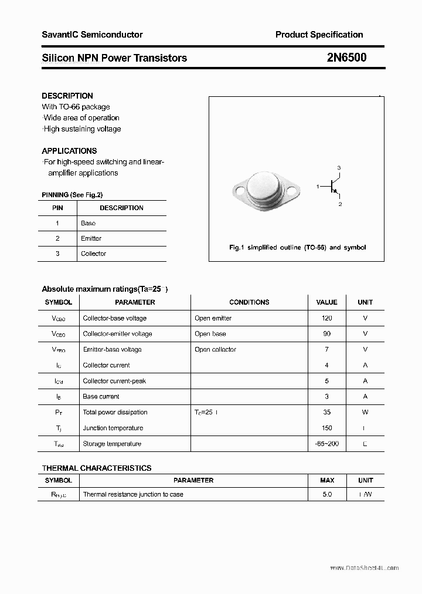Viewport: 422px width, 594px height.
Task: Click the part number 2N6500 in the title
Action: [x=347, y=58]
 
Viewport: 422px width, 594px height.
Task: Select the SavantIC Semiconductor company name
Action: [x=92, y=35]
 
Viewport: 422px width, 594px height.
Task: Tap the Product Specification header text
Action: [x=319, y=35]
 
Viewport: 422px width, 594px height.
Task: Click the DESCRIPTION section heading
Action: [x=67, y=96]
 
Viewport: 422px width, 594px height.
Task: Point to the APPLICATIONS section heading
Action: [x=69, y=151]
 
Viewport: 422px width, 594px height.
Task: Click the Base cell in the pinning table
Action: [x=88, y=223]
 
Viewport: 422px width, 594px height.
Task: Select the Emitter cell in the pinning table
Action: [x=91, y=238]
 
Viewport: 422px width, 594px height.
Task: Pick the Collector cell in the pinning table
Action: [x=93, y=254]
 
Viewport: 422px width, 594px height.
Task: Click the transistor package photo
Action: [x=267, y=190]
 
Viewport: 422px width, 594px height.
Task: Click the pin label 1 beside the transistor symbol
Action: [x=318, y=187]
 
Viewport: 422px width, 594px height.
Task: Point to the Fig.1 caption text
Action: [x=297, y=248]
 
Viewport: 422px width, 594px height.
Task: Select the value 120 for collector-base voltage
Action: [x=326, y=318]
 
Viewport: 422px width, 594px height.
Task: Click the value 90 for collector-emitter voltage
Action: [x=326, y=334]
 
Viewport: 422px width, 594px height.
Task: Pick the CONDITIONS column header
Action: [x=249, y=302]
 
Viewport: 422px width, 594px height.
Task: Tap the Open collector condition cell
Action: [x=215, y=350]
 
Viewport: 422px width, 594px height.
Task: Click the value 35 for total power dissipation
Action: [x=326, y=413]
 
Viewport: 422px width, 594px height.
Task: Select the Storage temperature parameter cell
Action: [x=112, y=444]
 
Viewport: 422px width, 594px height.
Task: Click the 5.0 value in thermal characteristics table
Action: [x=326, y=495]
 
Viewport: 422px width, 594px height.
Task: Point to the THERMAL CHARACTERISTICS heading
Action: [x=97, y=468]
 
